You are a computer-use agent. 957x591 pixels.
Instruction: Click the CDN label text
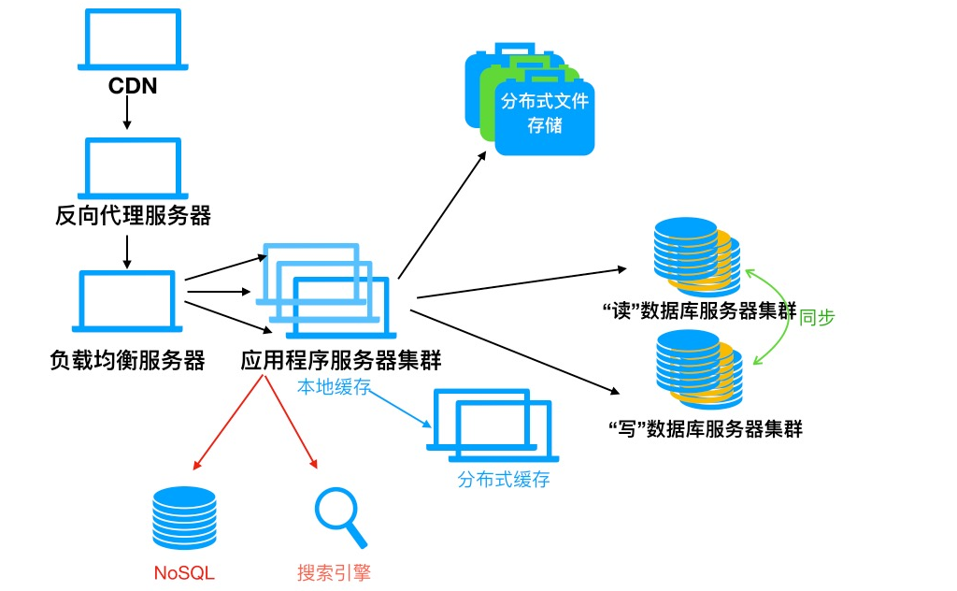coord(132,87)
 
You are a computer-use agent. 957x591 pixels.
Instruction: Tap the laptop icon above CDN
coord(132,39)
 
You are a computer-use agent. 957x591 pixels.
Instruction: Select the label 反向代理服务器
coord(133,216)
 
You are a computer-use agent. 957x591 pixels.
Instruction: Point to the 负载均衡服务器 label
coord(127,360)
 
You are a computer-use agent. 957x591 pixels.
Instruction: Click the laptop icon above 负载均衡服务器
coord(127,300)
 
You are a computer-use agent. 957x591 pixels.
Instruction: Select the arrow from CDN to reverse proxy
coord(126,114)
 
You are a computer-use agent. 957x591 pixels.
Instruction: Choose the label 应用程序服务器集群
coord(340,360)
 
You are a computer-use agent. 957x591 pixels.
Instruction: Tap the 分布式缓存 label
coord(504,480)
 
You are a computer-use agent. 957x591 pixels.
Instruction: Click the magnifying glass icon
coord(339,518)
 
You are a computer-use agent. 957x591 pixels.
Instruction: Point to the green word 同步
coord(817,316)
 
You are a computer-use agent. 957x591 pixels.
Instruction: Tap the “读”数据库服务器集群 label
coord(701,312)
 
